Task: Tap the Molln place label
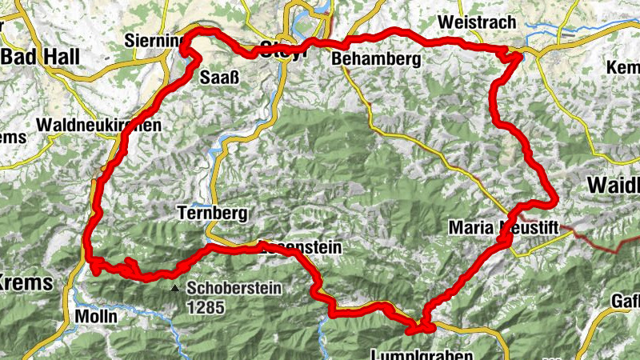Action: tap(95, 316)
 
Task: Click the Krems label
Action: tap(26, 282)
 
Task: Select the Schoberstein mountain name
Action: tap(234, 288)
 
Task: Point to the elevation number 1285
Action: tap(206, 306)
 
